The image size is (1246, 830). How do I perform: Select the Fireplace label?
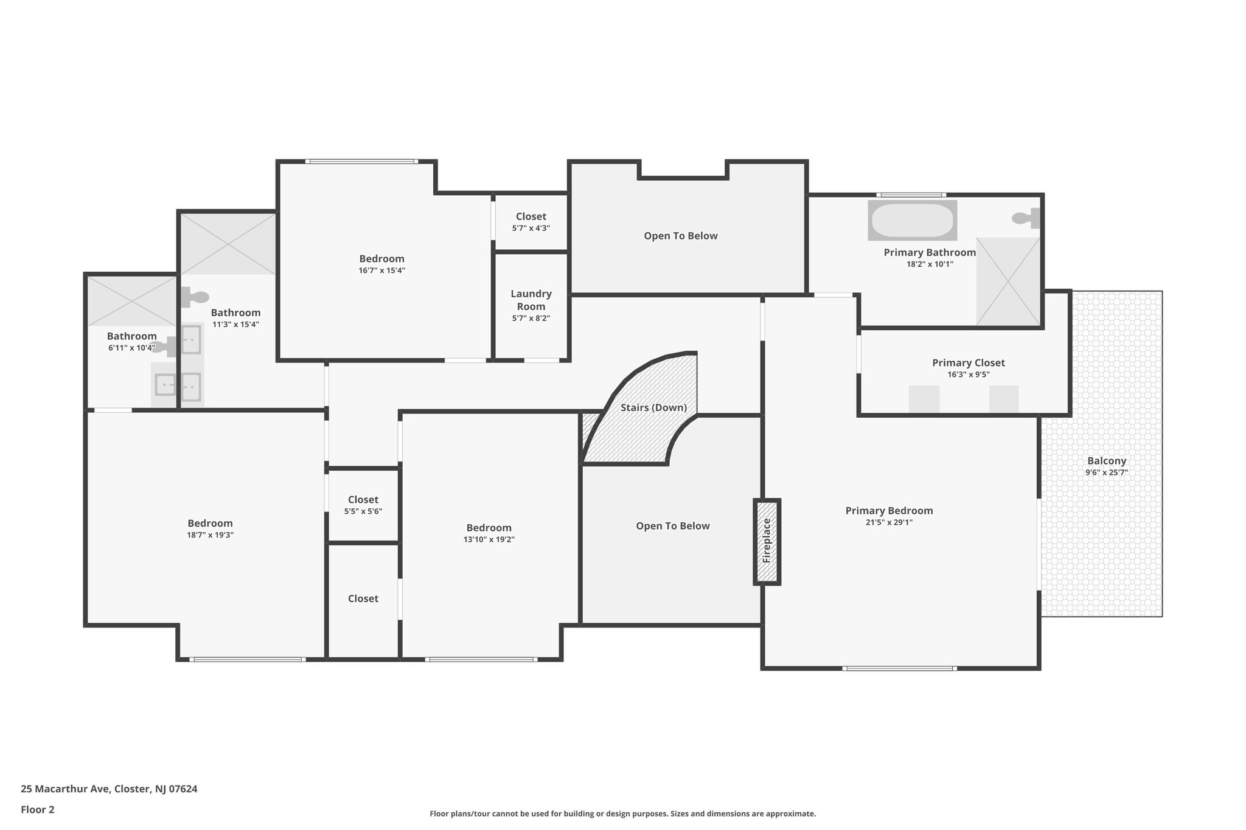coord(767,541)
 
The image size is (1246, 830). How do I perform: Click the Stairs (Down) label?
coord(653,407)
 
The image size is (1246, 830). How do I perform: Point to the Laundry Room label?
coord(531,300)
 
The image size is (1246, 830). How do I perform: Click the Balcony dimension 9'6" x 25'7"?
coord(1107,472)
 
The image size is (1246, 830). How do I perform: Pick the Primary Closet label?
coord(968,363)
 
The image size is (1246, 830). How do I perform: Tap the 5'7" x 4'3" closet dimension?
coord(531,228)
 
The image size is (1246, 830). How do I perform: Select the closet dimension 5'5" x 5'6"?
coord(363,511)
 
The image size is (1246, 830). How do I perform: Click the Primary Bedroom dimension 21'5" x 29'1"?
coord(889,522)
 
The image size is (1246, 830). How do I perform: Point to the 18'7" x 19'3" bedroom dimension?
coord(210,535)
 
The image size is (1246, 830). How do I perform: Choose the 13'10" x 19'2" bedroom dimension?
coord(489,539)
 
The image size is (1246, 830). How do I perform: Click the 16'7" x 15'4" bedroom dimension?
coord(381,271)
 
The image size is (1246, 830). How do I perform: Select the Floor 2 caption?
coord(38,809)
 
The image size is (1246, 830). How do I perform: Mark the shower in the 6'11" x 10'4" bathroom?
coord(131,301)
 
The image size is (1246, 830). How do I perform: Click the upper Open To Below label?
coord(680,236)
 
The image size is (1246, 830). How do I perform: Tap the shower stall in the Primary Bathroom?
coord(1008,281)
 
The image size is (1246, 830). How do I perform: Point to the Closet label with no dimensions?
coord(363,599)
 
